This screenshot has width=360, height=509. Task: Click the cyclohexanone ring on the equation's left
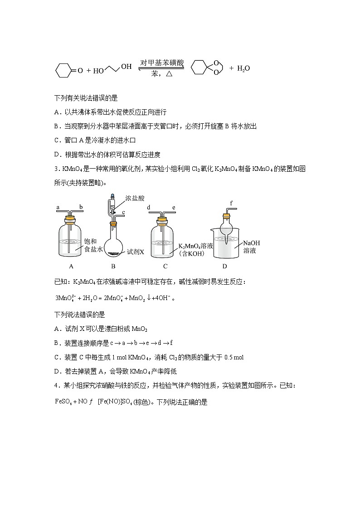(64, 70)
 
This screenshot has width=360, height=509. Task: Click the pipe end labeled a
(58, 207)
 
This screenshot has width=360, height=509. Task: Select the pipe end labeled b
(81, 207)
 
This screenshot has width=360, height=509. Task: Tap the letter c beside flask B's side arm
(123, 213)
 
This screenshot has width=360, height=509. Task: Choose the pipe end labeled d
(149, 207)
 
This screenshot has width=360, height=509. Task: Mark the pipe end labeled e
(173, 207)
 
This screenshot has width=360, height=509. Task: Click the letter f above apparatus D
(231, 203)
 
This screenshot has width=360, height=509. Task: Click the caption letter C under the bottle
(165, 267)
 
